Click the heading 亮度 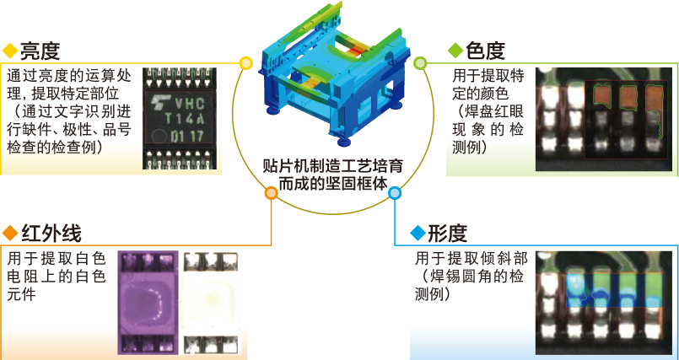click(x=40, y=51)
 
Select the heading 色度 click(x=486, y=51)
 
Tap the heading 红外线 click(x=51, y=234)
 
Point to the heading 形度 click(x=447, y=234)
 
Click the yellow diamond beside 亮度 click(x=10, y=51)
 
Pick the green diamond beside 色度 click(x=455, y=51)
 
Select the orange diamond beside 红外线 click(x=10, y=234)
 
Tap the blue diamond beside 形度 click(x=418, y=234)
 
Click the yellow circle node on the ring click(x=245, y=63)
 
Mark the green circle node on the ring click(x=420, y=63)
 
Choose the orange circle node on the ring click(x=271, y=193)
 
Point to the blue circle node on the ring click(x=395, y=193)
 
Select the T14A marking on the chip click(x=184, y=119)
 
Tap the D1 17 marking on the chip click(x=186, y=137)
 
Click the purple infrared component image click(x=148, y=303)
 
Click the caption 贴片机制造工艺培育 click(x=333, y=167)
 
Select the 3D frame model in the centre click(x=333, y=73)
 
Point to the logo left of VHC click(x=159, y=102)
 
